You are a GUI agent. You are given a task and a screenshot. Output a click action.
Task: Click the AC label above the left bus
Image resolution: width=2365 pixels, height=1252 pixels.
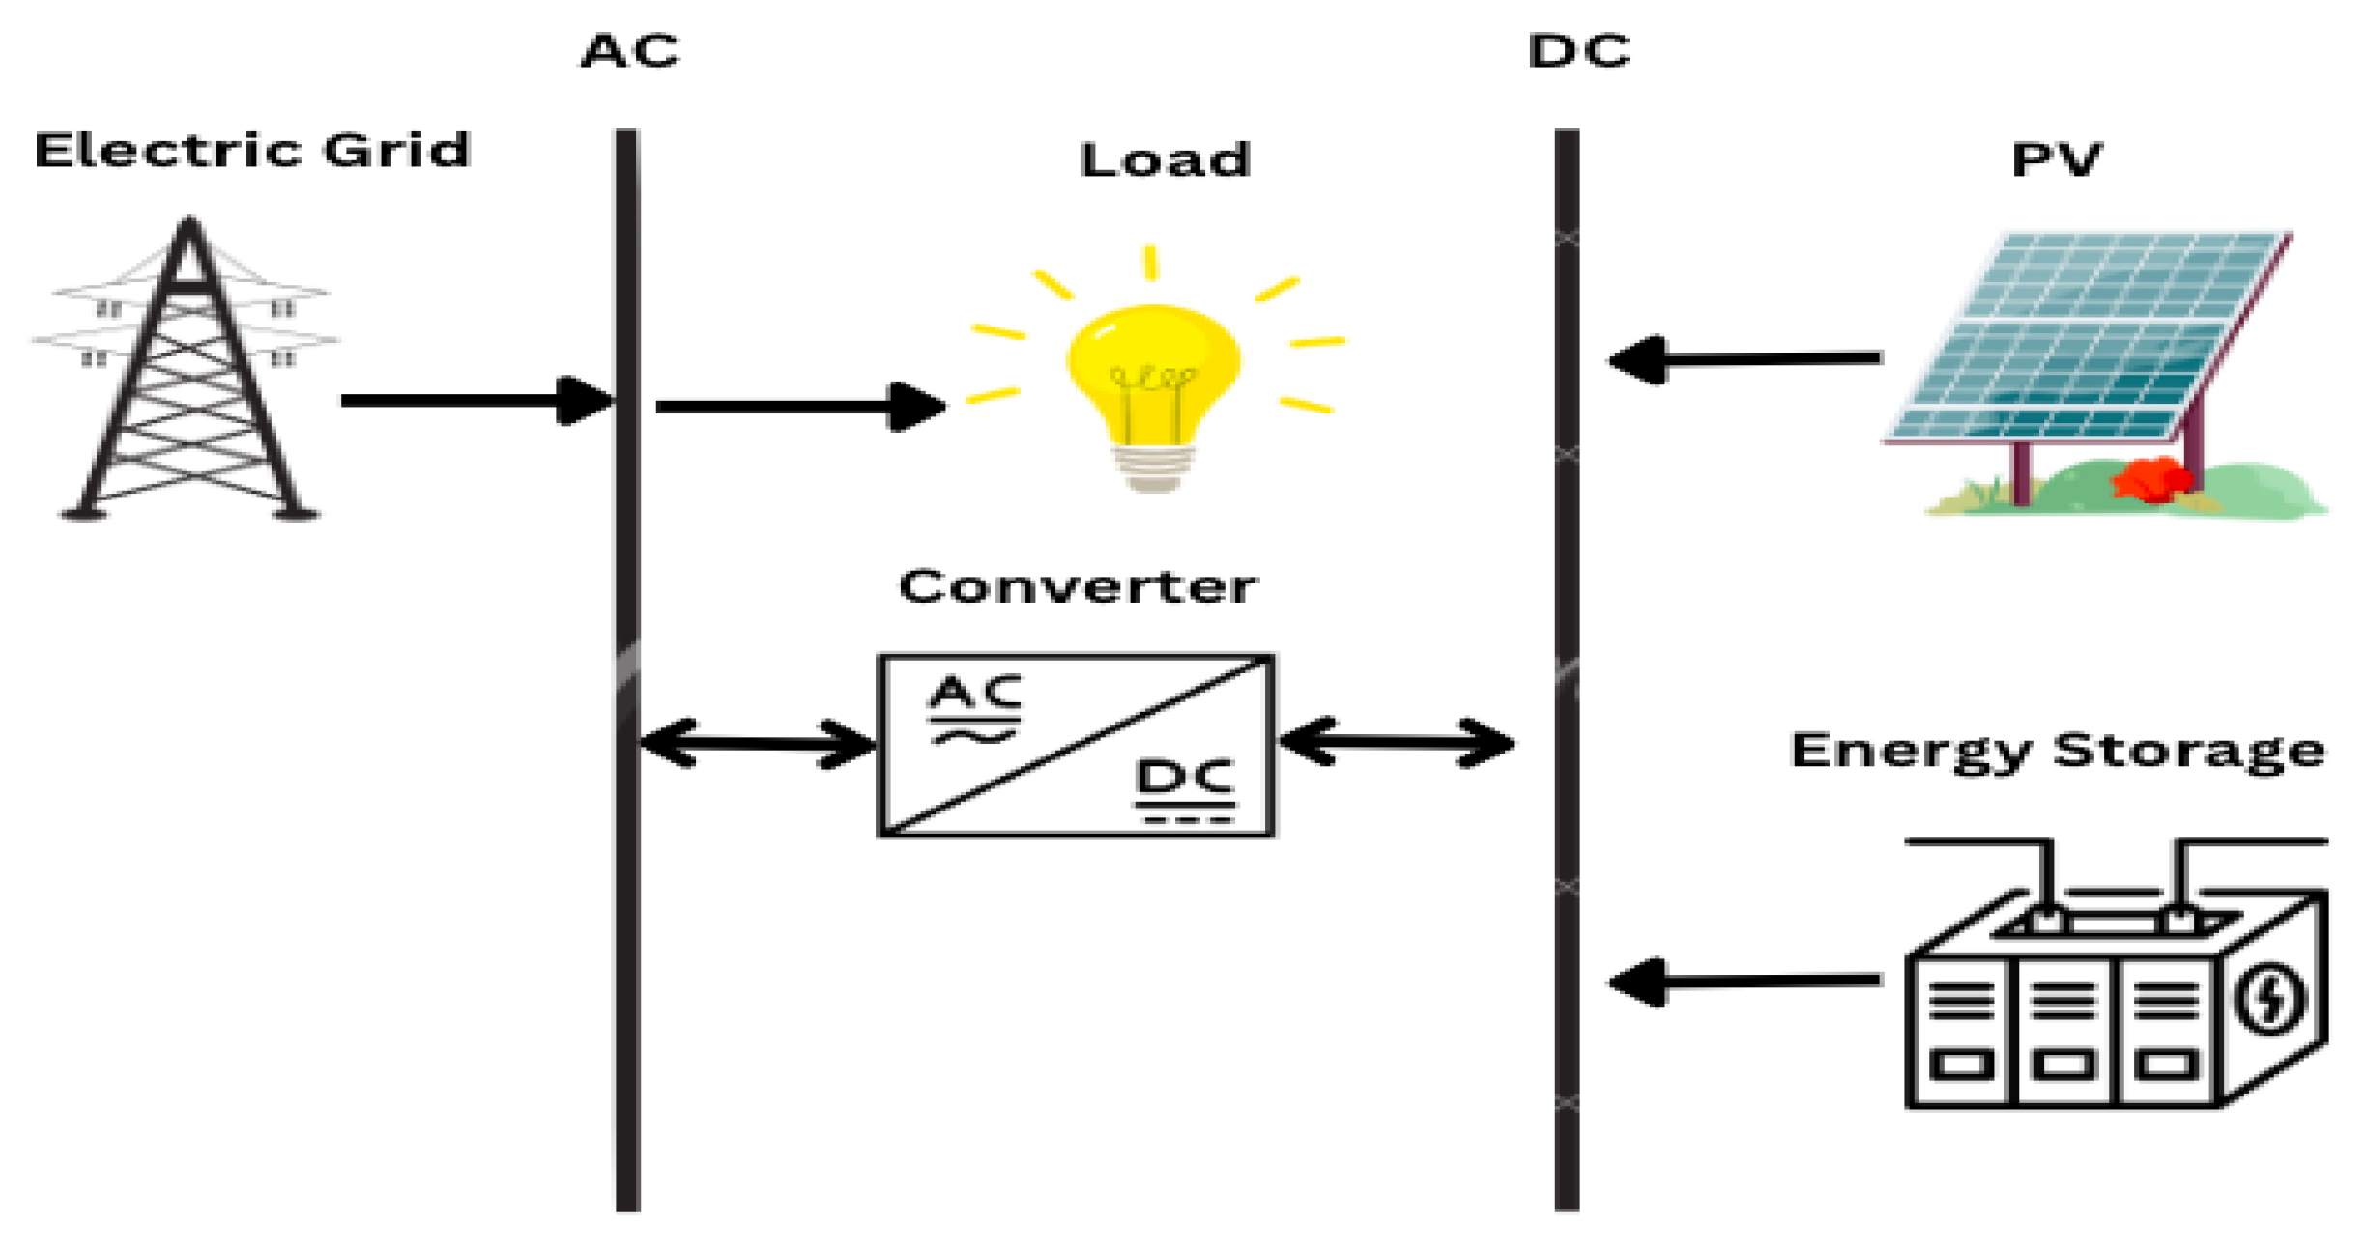[x=630, y=51]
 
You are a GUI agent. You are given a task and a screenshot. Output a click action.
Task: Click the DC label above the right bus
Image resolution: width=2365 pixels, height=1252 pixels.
[x=1578, y=51]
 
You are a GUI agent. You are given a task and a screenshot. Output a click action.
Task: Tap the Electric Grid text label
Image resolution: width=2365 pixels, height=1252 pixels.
[x=251, y=151]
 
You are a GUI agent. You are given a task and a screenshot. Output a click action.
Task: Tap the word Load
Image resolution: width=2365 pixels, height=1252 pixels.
[x=1165, y=160]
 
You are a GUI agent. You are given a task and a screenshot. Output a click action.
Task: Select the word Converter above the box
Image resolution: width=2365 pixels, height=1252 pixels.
[x=1078, y=587]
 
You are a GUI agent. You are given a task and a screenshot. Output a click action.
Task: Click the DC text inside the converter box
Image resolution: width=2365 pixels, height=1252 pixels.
[x=1186, y=779]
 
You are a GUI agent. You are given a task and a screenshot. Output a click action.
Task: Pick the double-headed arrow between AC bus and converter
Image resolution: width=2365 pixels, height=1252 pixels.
[x=757, y=743]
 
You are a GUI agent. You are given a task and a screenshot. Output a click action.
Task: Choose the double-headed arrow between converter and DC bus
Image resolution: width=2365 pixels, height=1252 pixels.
[x=1397, y=742]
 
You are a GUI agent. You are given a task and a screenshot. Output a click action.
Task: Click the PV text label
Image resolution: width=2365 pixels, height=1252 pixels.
[x=2056, y=160]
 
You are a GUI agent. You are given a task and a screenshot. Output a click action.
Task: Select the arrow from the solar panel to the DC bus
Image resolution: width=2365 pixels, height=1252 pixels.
[x=1745, y=359]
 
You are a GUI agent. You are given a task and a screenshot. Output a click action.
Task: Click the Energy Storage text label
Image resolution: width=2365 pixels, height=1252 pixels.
[x=2058, y=751]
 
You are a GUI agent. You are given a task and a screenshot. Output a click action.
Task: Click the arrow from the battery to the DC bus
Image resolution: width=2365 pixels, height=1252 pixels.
[x=1745, y=982]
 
